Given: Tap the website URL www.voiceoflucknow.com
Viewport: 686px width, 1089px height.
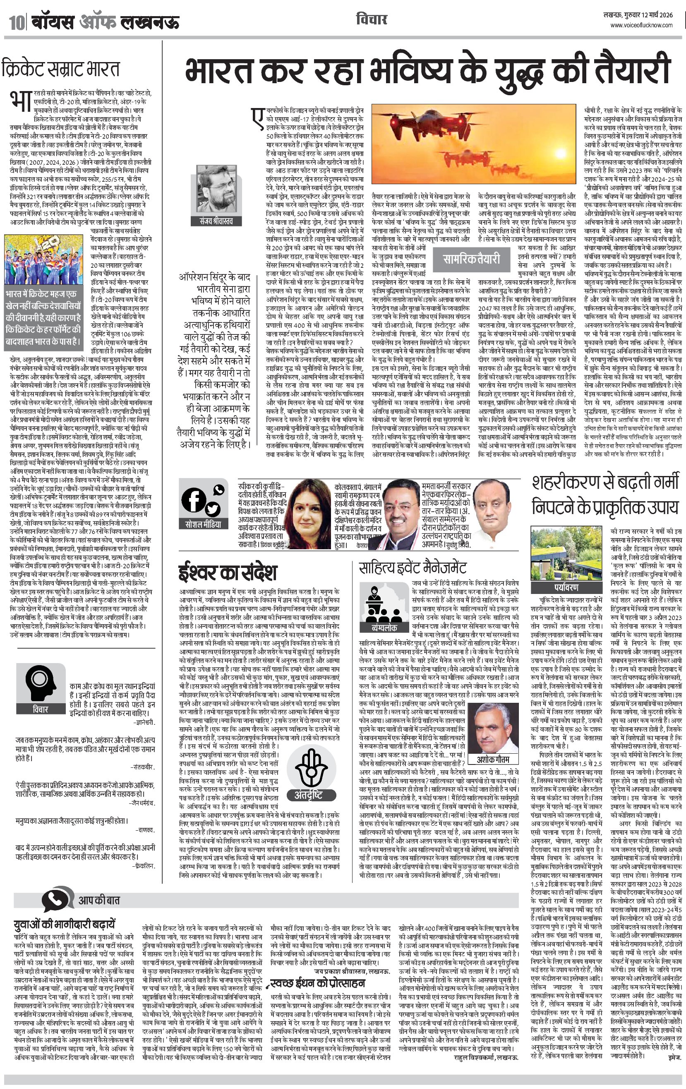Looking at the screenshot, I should (641, 25).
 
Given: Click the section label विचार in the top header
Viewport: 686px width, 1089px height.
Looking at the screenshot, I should (371, 20).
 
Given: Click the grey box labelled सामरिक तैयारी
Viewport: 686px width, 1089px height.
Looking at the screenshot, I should (471, 259).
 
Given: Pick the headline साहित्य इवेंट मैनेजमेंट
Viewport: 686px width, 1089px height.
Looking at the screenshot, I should (413, 567).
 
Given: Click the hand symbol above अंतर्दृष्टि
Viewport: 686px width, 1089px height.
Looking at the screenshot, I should (311, 767).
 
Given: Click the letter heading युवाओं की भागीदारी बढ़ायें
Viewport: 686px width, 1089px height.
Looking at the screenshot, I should (65, 923).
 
